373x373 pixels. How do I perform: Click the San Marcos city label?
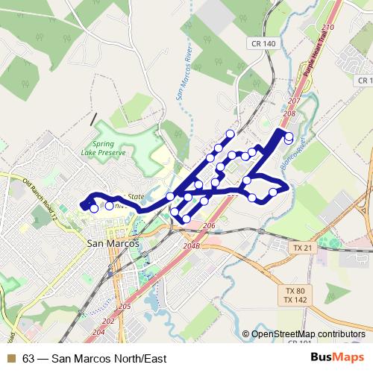110,242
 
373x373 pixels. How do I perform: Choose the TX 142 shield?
296,300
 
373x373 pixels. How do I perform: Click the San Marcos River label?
184,75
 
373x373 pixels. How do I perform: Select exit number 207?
292,101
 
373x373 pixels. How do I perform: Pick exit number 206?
208,225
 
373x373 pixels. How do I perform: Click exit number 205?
125,307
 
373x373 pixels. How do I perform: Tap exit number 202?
109,321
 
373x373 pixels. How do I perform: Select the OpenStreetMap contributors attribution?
307,333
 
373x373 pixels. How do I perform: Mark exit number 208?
289,113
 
